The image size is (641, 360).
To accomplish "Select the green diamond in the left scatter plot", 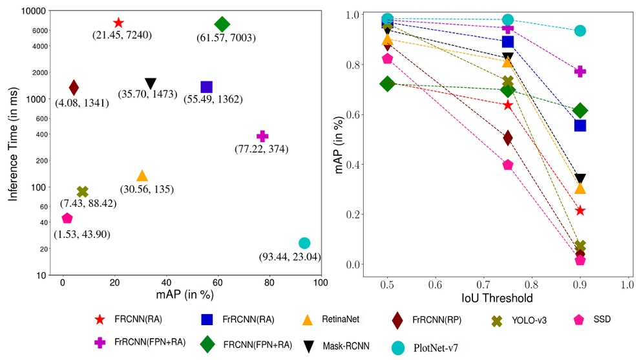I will click(222, 25).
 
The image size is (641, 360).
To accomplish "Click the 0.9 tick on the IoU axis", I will click(580, 284).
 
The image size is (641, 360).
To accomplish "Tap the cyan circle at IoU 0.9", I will click(580, 30).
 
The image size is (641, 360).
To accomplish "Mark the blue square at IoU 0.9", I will click(580, 125).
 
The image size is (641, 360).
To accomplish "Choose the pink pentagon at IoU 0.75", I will click(508, 165).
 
